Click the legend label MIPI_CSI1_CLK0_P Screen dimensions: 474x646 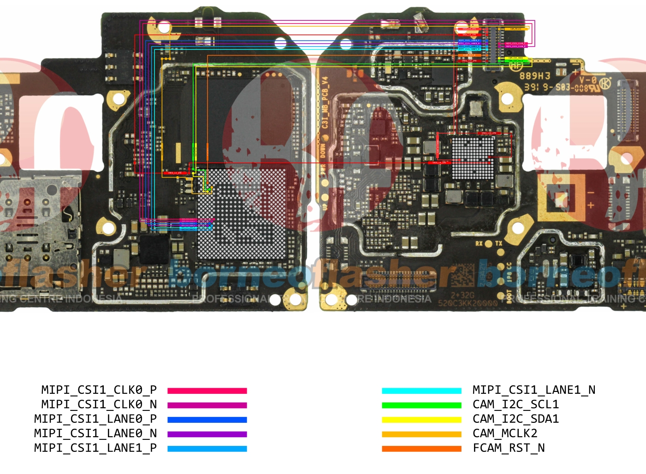(99, 390)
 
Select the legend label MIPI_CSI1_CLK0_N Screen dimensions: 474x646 (99, 404)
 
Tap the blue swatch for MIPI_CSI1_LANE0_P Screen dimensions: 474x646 (207, 420)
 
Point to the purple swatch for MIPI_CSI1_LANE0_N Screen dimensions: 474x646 (207, 434)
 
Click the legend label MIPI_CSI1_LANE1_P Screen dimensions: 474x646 (95, 448)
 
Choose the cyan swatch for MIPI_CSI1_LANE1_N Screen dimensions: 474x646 (421, 391)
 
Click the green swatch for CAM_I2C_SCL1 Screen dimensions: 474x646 (421, 405)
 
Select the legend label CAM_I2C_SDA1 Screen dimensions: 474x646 (516, 419)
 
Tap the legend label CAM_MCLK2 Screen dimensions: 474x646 (505, 433)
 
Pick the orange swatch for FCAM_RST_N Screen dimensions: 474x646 (421, 448)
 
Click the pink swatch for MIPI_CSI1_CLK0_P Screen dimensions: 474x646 (207, 391)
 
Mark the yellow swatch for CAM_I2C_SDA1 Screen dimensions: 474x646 (421, 420)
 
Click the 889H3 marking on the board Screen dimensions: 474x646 (535, 76)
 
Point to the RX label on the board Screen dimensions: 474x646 (479, 243)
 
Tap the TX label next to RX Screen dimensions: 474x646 (499, 243)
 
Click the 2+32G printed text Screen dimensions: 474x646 (462, 295)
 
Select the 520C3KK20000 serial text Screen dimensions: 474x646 (468, 303)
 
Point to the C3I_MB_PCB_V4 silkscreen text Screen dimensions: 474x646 (325, 102)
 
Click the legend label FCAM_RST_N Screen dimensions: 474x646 (509, 448)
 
